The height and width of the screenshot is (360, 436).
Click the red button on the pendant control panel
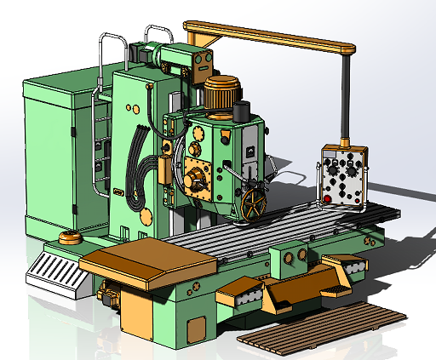(x=328, y=200)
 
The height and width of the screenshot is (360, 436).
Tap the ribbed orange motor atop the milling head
(x=222, y=91)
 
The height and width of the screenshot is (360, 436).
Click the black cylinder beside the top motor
(x=241, y=111)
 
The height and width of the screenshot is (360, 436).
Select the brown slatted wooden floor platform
(x=319, y=327)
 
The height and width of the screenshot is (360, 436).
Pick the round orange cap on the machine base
(x=69, y=237)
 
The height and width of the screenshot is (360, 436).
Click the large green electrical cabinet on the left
(x=53, y=157)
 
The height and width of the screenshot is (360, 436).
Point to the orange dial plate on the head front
(x=196, y=180)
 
